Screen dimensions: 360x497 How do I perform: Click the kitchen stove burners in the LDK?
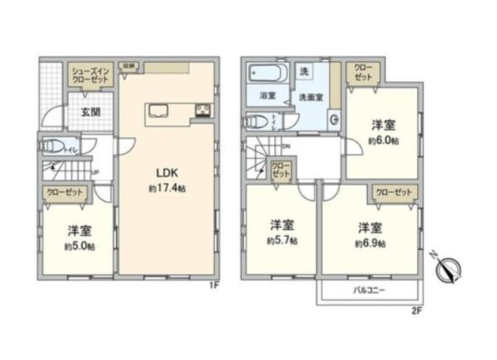(204, 111)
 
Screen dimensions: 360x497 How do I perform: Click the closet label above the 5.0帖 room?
(62, 191)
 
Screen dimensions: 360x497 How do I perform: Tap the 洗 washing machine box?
(305, 71)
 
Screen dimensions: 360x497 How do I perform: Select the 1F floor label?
(211, 286)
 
